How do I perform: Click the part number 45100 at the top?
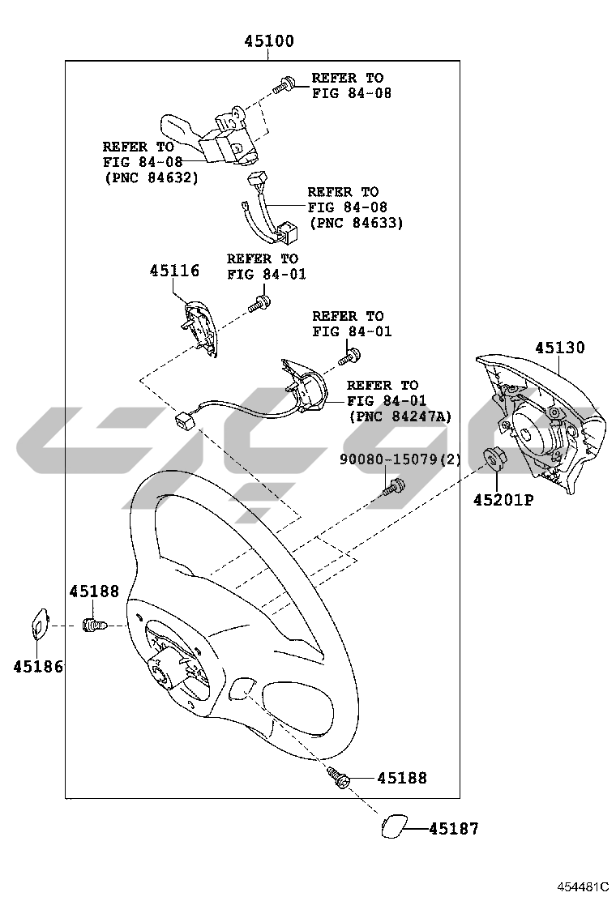tap(269, 41)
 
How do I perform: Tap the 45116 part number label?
tap(175, 271)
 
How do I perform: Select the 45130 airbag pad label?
tap(560, 348)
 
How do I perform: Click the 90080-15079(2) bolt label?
tap(400, 459)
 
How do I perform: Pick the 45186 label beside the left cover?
tap(38, 667)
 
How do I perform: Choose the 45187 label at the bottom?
tap(454, 829)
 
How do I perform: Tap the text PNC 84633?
tap(357, 222)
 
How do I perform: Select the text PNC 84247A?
tap(400, 416)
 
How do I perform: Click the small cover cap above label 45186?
tap(39, 624)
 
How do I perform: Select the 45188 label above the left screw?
tap(94, 591)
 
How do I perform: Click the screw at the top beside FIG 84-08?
tap(284, 85)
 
